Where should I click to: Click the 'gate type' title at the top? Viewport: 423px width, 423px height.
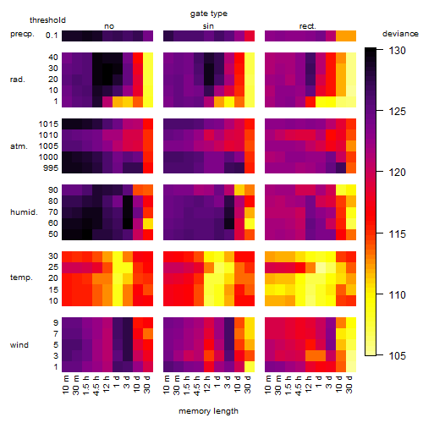tap(209, 14)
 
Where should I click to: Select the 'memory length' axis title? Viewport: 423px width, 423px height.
tap(209, 411)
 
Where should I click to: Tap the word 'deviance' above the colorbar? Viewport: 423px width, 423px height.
tap(400, 34)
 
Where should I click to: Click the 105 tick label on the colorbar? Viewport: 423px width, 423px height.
tap(398, 356)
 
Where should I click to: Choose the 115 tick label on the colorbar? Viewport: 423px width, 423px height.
tap(398, 233)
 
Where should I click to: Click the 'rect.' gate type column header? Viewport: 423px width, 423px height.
tap(308, 26)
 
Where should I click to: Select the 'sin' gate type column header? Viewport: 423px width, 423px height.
tap(208, 26)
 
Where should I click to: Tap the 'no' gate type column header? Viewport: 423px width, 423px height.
tap(109, 26)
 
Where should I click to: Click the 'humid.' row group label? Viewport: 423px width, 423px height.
tap(24, 212)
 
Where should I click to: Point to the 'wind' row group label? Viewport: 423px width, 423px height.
tap(19, 345)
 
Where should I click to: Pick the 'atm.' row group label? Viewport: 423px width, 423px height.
tap(19, 146)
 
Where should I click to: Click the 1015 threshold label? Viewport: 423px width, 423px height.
tap(48, 124)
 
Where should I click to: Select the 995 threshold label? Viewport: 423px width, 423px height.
tap(51, 168)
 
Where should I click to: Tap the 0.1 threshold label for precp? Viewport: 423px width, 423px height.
tap(52, 36)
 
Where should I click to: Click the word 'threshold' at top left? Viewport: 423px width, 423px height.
tap(47, 20)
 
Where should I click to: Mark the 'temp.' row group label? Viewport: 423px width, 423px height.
tap(21, 277)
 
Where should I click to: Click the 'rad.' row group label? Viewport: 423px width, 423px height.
tap(18, 80)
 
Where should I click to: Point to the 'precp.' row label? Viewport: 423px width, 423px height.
tap(22, 35)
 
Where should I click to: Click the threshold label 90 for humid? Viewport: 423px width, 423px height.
tap(53, 190)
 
